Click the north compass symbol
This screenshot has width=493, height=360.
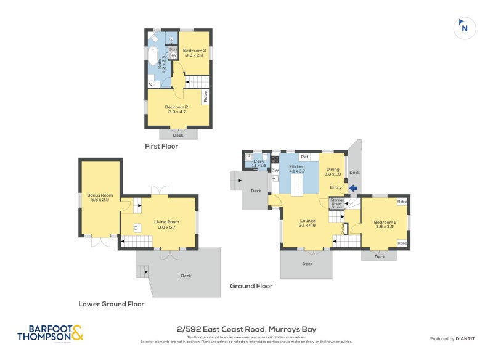point(464,28)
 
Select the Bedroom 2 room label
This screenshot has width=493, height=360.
point(176,109)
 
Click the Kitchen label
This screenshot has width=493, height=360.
point(297,169)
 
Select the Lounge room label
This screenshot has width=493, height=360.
point(308,223)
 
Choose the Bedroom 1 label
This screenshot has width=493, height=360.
point(385,224)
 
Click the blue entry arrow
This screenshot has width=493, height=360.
point(353,189)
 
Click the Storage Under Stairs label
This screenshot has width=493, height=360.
point(337,203)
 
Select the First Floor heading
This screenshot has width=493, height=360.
point(161,147)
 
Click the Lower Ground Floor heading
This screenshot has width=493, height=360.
point(112,304)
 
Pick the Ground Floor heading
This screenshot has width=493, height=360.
point(251,286)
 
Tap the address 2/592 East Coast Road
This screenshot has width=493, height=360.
point(246,330)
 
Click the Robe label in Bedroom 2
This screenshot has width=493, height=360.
point(204,97)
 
